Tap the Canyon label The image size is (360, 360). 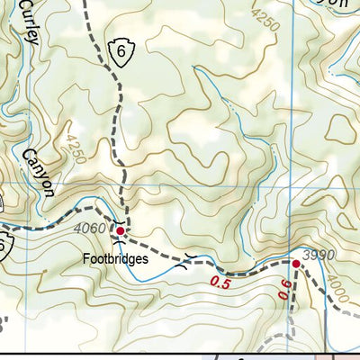click(40, 172)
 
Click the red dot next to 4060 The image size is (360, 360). click(120, 230)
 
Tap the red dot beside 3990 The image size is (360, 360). click(295, 264)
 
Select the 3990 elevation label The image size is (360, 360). click(319, 256)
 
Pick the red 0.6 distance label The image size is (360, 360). click(284, 289)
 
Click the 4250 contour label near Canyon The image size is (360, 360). click(76, 151)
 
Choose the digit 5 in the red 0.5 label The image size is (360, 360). click(225, 283)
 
